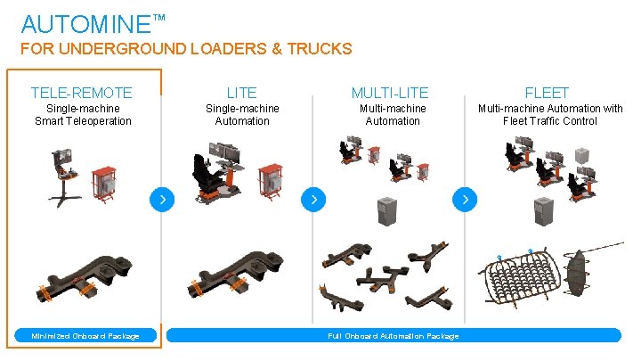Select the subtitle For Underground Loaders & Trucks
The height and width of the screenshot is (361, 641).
[186, 49]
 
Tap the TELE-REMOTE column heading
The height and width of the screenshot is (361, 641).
[81, 93]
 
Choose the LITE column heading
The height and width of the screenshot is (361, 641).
[242, 93]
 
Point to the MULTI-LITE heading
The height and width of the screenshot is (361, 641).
[390, 93]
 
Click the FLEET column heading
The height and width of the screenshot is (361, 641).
[547, 93]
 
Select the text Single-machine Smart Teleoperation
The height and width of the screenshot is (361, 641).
[83, 115]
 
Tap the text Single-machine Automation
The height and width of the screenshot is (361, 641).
[242, 115]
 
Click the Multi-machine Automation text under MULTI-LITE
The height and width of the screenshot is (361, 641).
[393, 115]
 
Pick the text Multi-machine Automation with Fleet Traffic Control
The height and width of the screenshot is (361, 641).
[550, 115]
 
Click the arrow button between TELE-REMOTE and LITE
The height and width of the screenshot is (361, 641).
[162, 200]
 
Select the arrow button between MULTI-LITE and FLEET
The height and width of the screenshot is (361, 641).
[466, 200]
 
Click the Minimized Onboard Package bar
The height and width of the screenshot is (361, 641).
[85, 335]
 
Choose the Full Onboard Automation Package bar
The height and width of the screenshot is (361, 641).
[393, 335]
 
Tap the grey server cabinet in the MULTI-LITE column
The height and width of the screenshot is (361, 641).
[386, 212]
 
